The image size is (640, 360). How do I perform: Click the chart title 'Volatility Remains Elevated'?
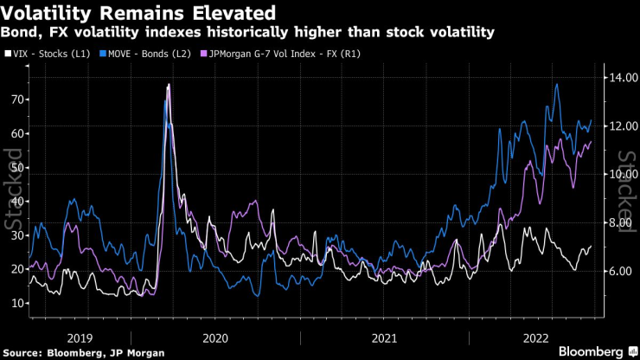(x=138, y=13)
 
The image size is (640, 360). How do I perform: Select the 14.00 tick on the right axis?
(x=617, y=78)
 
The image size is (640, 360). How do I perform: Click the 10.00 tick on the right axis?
(x=617, y=175)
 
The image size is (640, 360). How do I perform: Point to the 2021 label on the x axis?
(x=383, y=337)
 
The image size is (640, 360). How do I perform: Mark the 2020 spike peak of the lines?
(x=168, y=85)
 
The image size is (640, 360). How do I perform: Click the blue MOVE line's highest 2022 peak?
(x=557, y=85)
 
